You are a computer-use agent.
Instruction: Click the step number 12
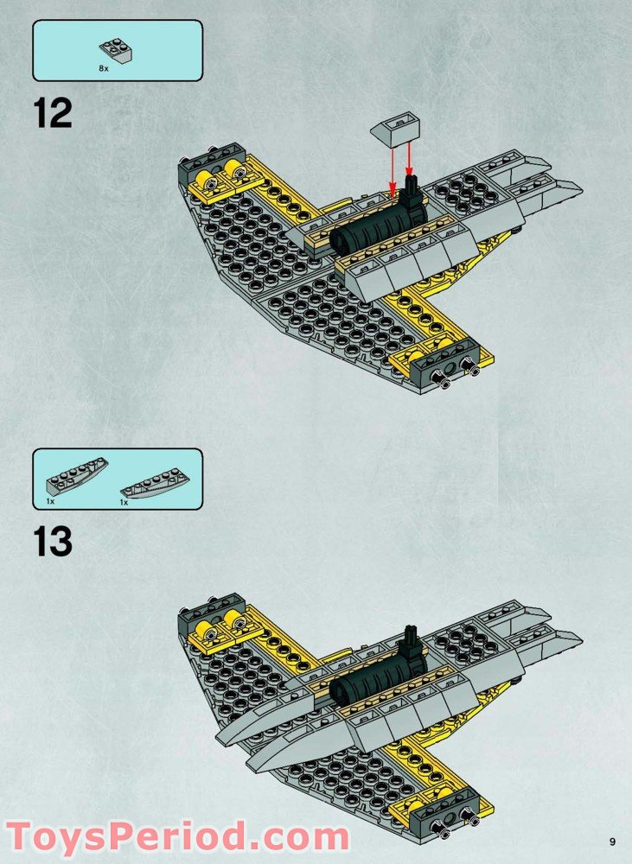(54, 114)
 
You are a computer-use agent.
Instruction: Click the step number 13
(54, 542)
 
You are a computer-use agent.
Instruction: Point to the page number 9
(611, 842)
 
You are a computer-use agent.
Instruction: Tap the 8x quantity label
(105, 66)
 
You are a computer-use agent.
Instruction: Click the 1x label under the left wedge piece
(50, 501)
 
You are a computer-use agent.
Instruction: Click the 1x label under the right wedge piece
(124, 502)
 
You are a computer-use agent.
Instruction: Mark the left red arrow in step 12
(392, 168)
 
